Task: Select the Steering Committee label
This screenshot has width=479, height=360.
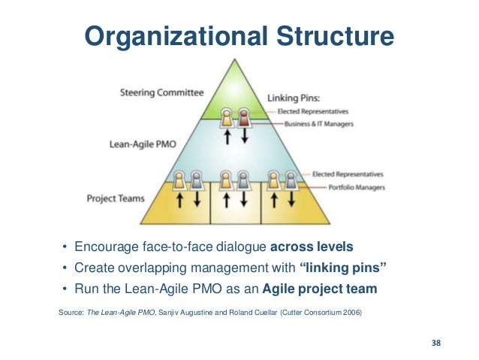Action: click(x=161, y=93)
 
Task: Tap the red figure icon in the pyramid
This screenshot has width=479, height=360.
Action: click(x=243, y=117)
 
